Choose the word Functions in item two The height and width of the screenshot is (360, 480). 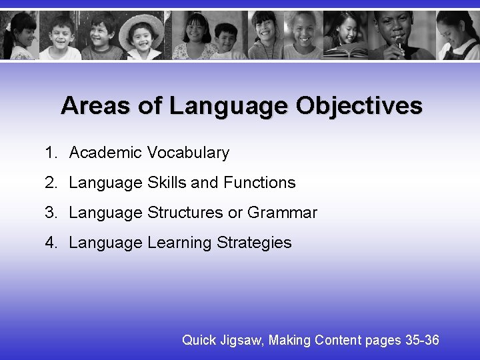(259, 183)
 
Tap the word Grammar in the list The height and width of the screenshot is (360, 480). (282, 213)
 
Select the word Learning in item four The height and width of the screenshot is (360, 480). (179, 243)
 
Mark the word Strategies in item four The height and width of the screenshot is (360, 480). (254, 243)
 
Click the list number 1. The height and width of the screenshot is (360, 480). (51, 153)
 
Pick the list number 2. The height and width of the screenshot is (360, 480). (51, 183)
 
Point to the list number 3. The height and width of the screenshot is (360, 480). (51, 213)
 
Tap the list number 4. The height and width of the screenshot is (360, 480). (51, 243)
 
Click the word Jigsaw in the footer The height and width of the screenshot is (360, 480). (243, 341)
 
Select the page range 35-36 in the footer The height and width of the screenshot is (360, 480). (422, 340)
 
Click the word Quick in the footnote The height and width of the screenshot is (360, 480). (199, 340)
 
